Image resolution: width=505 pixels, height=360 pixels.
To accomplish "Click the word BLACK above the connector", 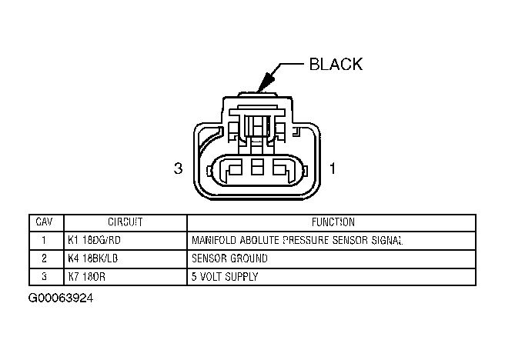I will (x=335, y=64).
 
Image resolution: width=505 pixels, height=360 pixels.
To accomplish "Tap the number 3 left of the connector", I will (x=178, y=168).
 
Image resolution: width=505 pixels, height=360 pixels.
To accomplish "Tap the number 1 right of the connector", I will (x=333, y=168).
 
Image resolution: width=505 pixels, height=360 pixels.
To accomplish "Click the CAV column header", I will (x=45, y=222).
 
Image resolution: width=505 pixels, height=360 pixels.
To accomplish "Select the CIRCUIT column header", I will (x=125, y=222).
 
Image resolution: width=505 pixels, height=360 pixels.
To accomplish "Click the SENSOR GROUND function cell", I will (x=229, y=258).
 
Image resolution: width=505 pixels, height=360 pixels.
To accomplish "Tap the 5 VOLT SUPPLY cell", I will (x=224, y=276).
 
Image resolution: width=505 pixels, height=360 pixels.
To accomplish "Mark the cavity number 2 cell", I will (x=45, y=258).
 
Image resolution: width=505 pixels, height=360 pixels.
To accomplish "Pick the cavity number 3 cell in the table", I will (x=45, y=276).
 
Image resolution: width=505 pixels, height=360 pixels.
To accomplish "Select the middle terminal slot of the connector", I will (x=258, y=169).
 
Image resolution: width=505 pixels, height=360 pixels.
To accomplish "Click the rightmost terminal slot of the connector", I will (x=279, y=169).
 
